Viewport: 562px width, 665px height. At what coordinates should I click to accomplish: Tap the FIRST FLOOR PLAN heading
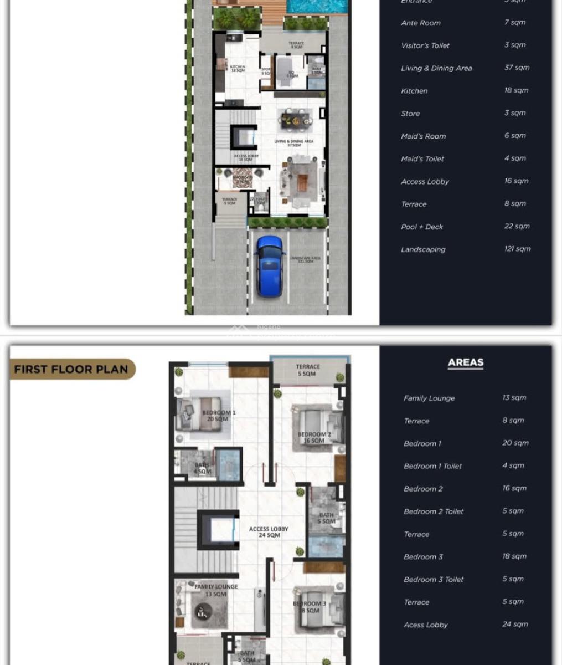pyautogui.click(x=71, y=369)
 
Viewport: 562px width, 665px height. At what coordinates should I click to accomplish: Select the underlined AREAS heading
pyautogui.click(x=466, y=362)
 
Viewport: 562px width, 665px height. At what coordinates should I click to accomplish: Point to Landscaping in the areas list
pyautogui.click(x=423, y=249)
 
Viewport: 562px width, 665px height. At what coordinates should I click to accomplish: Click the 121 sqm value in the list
pyautogui.click(x=517, y=249)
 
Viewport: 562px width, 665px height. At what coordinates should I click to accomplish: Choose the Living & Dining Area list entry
pyautogui.click(x=436, y=68)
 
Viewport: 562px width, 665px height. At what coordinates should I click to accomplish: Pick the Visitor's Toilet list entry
pyautogui.click(x=425, y=45)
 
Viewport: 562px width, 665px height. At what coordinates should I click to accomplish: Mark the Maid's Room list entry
pyautogui.click(x=423, y=136)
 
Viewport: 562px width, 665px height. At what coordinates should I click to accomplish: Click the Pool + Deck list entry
pyautogui.click(x=422, y=227)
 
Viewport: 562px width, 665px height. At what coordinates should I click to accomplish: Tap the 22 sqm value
pyautogui.click(x=517, y=226)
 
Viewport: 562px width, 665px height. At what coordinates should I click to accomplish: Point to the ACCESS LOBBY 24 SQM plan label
pyautogui.click(x=269, y=532)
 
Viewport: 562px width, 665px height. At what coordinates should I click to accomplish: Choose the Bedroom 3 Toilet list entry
pyautogui.click(x=434, y=580)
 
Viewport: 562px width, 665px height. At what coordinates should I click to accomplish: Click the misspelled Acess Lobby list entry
pyautogui.click(x=425, y=625)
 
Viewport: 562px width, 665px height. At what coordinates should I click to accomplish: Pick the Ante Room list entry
pyautogui.click(x=421, y=23)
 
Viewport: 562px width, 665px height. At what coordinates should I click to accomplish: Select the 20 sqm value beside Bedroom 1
pyautogui.click(x=515, y=443)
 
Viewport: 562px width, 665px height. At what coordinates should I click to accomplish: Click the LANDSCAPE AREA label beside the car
pyautogui.click(x=305, y=259)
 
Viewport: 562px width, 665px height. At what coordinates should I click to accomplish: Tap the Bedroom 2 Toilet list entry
pyautogui.click(x=434, y=511)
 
